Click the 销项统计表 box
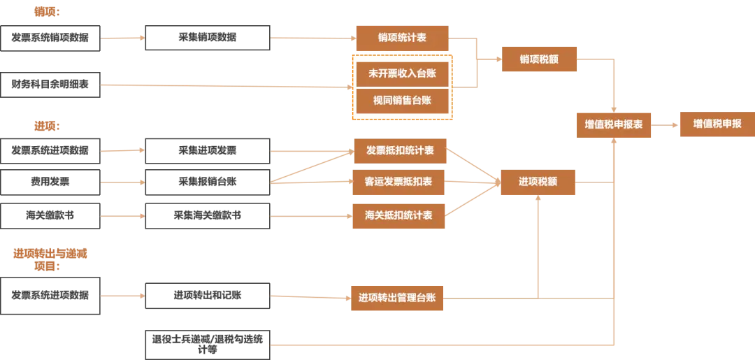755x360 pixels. (401, 38)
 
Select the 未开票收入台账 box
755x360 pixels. (401, 71)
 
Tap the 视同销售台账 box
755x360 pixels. (401, 101)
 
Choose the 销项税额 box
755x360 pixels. (539, 59)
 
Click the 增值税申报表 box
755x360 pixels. (613, 125)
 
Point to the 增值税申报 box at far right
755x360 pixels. (717, 124)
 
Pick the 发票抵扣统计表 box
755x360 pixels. (400, 150)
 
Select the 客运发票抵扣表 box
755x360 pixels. (399, 182)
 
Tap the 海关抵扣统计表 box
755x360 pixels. (399, 215)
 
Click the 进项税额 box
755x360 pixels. (538, 182)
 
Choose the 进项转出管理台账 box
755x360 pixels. (397, 298)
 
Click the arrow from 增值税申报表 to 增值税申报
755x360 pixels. (665, 124)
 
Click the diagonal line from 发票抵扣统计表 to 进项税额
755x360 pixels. (473, 165)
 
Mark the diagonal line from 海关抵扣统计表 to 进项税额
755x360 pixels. (473, 199)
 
